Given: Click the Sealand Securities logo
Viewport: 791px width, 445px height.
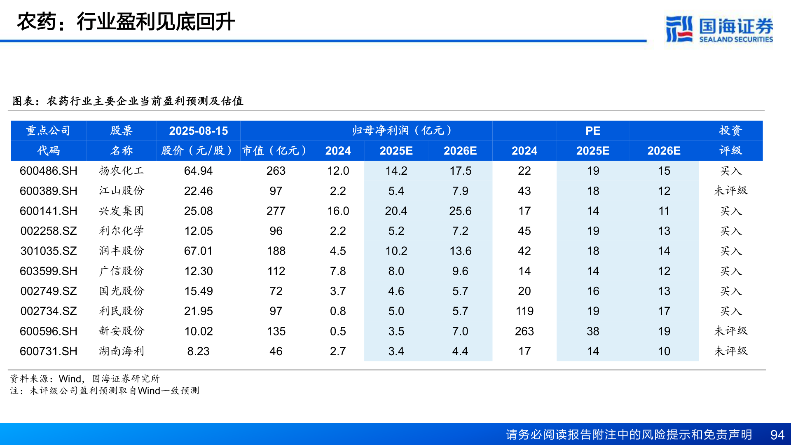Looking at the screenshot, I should click(719, 29).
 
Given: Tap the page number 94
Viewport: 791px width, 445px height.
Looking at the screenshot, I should click(777, 435).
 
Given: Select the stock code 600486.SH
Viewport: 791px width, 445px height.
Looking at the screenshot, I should click(49, 171).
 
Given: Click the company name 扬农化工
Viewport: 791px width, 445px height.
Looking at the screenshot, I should click(121, 171).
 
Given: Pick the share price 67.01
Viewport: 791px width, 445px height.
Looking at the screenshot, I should click(198, 251).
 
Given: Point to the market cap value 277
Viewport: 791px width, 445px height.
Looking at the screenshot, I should click(276, 211).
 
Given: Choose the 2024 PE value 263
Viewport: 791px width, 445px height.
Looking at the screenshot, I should click(524, 331).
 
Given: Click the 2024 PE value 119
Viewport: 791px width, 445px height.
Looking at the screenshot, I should click(524, 311).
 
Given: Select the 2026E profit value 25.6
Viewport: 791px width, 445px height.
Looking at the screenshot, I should click(460, 211).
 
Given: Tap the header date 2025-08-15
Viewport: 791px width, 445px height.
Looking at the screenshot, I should click(198, 131).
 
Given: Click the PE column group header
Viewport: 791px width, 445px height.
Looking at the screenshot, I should click(593, 131).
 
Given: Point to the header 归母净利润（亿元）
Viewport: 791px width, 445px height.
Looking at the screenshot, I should click(402, 131).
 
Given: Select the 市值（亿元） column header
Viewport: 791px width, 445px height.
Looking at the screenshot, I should click(275, 151).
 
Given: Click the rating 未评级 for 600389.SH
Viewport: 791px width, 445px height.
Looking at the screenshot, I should click(730, 191).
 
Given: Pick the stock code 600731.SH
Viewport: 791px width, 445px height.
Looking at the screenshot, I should click(49, 351).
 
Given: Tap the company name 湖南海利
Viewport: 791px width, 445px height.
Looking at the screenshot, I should click(121, 351).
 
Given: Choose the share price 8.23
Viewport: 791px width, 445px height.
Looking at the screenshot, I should click(198, 351).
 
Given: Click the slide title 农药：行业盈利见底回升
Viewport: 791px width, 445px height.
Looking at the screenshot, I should click(126, 22).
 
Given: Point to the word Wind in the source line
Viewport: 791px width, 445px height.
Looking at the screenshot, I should click(70, 379).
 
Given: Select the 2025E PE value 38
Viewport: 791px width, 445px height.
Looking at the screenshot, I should click(593, 331).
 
